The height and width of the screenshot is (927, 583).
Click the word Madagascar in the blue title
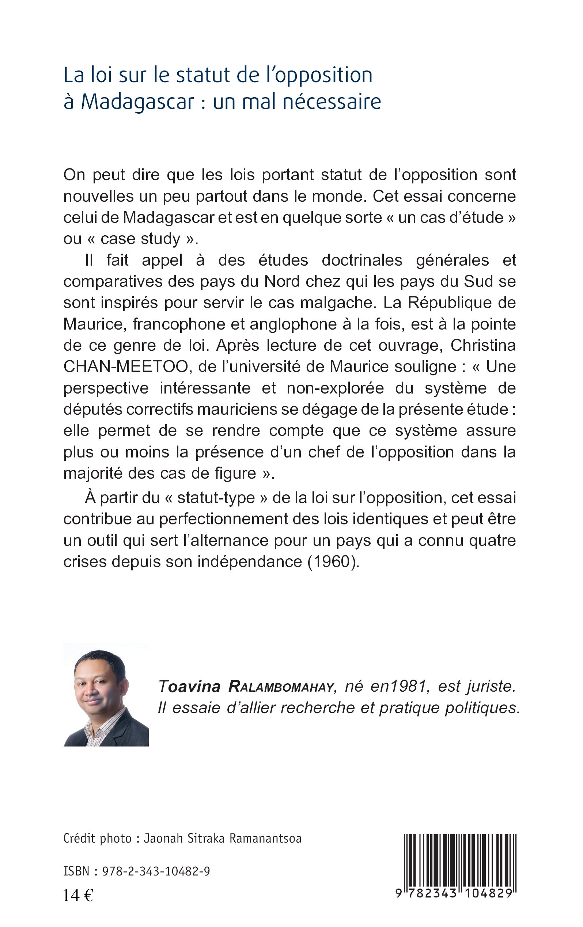click(x=137, y=102)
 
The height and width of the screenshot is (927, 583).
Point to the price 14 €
click(x=78, y=896)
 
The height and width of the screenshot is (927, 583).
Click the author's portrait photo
click(x=106, y=694)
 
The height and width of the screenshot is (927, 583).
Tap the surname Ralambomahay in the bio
click(x=281, y=687)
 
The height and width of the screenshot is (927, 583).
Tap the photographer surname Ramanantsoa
click(x=265, y=839)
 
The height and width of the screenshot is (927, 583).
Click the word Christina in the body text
click(x=483, y=345)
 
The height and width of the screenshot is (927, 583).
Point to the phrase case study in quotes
click(x=141, y=239)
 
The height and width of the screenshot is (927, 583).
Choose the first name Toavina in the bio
click(x=189, y=687)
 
